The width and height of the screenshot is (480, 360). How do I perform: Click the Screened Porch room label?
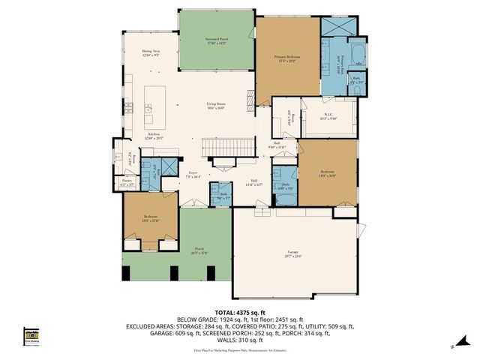click(x=216, y=40)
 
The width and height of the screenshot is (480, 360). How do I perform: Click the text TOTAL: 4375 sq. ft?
click(x=239, y=310)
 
